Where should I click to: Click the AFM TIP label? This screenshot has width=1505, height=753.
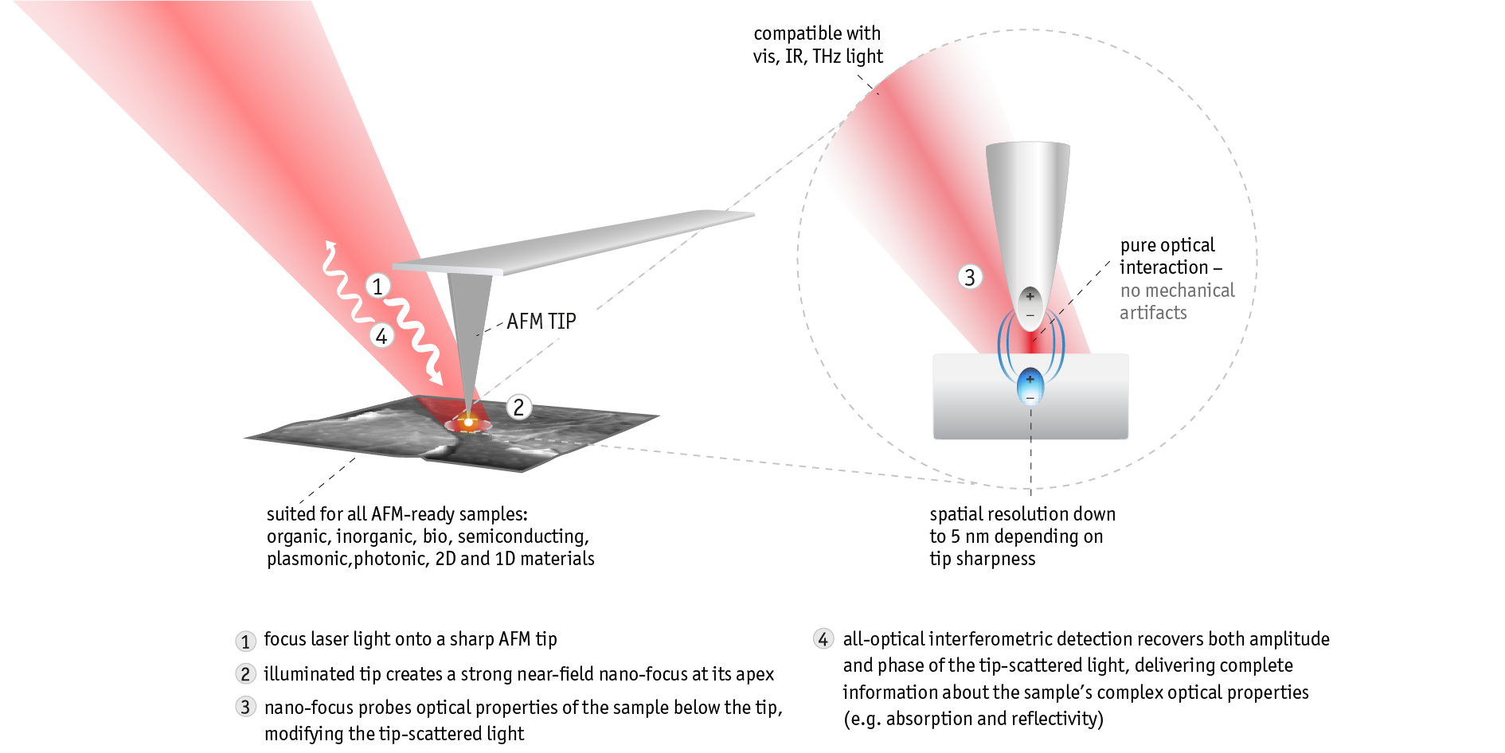point(541,322)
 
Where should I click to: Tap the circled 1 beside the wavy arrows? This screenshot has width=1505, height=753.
point(377,286)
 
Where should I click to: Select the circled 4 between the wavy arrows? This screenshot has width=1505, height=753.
point(381,337)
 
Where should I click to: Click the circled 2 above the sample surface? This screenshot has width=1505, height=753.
point(518,408)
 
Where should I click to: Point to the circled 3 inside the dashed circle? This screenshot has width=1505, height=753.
point(969,277)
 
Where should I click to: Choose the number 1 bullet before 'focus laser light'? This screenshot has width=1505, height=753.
point(245,642)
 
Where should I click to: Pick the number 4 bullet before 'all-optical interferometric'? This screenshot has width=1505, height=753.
point(823,639)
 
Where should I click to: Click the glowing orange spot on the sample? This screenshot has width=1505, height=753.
point(469,423)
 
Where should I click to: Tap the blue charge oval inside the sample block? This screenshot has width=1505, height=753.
point(1030,386)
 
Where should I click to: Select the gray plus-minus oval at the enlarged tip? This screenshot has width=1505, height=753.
point(1030,305)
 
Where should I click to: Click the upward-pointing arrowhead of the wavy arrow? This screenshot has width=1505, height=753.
point(330,245)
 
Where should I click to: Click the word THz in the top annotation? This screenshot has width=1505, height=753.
point(827,57)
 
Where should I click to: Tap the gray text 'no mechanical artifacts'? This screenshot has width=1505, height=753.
point(1176,302)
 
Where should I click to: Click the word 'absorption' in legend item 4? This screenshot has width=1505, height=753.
point(928,719)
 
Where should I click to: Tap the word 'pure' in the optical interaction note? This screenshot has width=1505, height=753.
point(1136,245)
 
